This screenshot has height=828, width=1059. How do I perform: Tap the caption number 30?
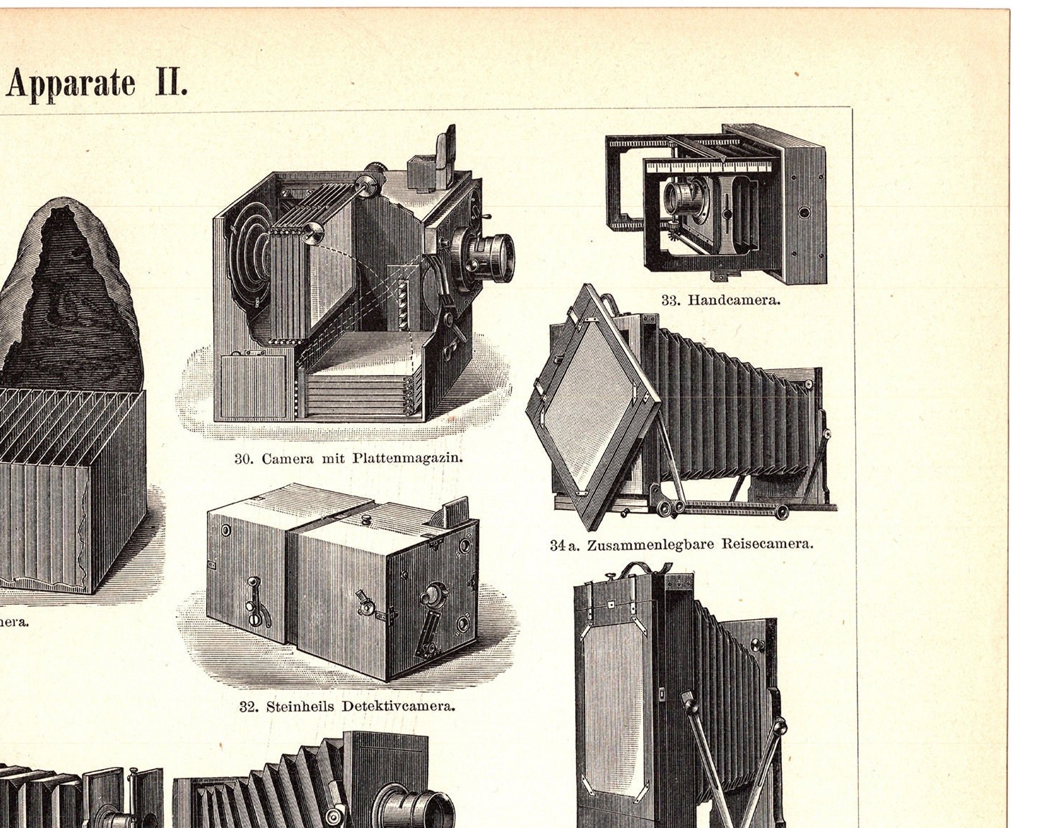[x=243, y=458]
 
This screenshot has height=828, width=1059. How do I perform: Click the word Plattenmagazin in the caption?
[x=407, y=458]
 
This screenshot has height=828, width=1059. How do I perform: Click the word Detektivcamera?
[x=398, y=706]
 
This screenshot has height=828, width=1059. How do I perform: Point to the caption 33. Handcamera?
[x=720, y=300]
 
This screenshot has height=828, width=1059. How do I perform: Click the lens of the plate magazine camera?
[x=495, y=258]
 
